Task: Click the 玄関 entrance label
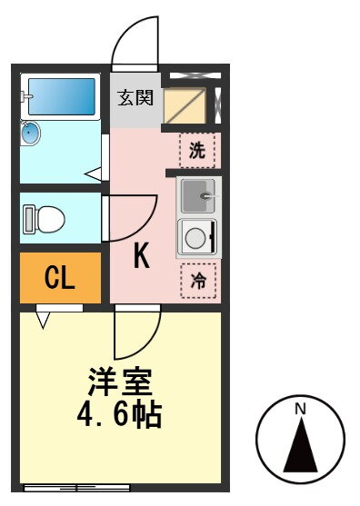tap(135, 98)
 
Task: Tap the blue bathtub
tap(61, 96)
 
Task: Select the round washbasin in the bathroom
tap(30, 133)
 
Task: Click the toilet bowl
tap(51, 219)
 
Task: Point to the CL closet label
tap(60, 278)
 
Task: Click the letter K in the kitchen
tap(142, 255)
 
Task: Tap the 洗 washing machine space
tap(197, 151)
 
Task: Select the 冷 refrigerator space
tap(198, 281)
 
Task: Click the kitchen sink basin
tap(198, 196)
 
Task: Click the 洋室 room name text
tap(120, 382)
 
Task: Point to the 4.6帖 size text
tap(119, 414)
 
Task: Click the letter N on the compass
tap(301, 409)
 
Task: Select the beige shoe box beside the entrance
tap(185, 105)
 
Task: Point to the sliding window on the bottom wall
tap(77, 488)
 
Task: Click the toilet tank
tap(29, 219)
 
